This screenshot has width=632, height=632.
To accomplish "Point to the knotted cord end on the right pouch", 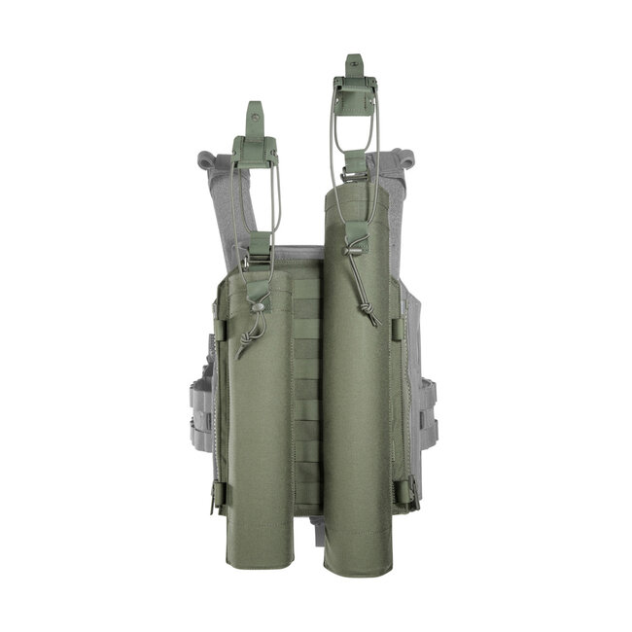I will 371,313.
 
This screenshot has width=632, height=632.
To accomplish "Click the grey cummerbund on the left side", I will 200,408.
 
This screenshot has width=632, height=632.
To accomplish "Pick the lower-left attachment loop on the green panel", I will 219,496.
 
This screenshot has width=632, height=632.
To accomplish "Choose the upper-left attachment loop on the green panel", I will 220,331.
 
